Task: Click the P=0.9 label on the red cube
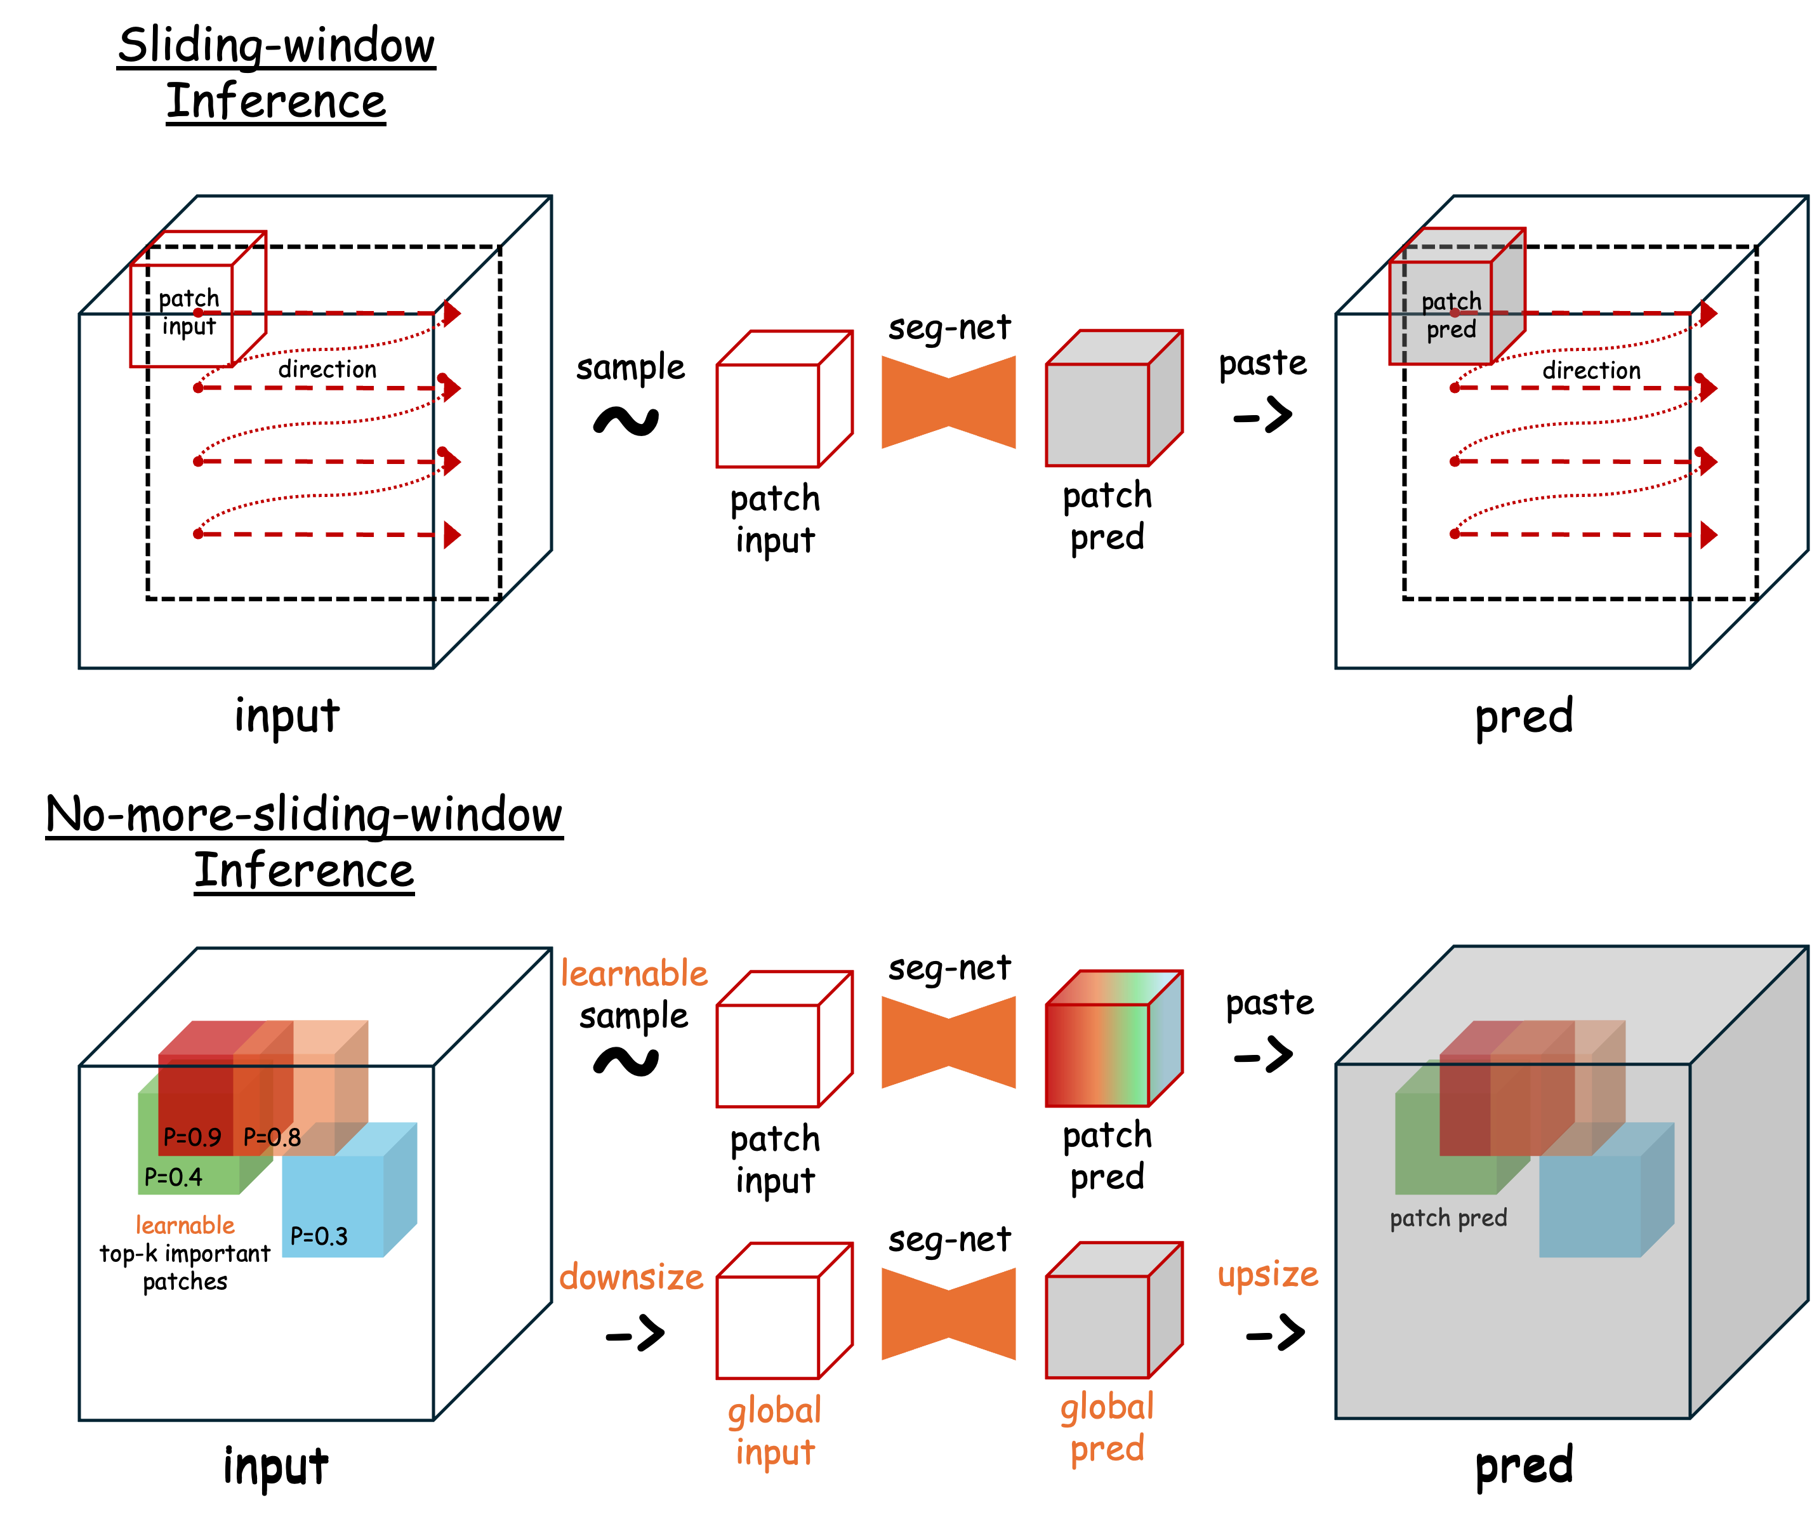coord(192,1137)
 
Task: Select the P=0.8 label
coord(272,1137)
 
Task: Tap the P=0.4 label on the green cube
coord(173,1177)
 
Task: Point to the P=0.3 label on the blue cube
coord(319,1236)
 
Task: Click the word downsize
coord(632,1277)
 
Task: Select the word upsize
coord(1267,1275)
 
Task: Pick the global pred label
coord(1108,1428)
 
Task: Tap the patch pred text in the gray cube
coord(1448,1218)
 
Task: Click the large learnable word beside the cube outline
coord(634,974)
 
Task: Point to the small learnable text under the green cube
coord(185,1225)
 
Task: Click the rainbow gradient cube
coord(1113,1039)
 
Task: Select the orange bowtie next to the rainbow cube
coord(948,1042)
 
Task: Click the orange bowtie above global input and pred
coord(948,1313)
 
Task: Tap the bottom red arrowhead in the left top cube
coord(452,535)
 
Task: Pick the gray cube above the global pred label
coord(1113,1311)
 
